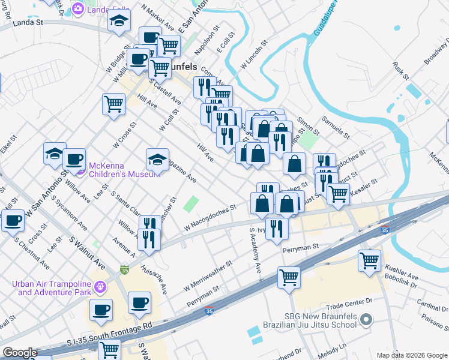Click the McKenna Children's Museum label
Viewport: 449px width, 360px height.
coord(124,170)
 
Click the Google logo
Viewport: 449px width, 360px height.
coord(19,353)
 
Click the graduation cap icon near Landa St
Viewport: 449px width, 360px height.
coord(119,21)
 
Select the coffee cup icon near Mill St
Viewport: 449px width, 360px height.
coord(13,220)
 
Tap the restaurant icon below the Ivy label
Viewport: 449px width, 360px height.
coord(276,228)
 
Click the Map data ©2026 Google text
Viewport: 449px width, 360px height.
coord(412,355)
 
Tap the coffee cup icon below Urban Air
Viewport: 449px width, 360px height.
coord(101,310)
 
